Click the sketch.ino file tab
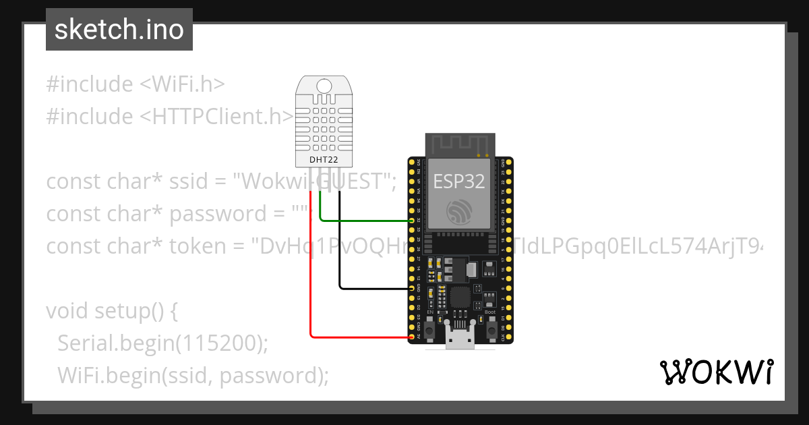(x=119, y=30)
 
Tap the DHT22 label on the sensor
(x=324, y=160)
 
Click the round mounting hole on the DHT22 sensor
(x=324, y=86)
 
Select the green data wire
(x=364, y=220)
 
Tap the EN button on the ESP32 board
(x=430, y=328)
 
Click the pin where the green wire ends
(x=412, y=221)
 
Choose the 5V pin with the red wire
(x=412, y=335)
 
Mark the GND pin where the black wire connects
(x=412, y=288)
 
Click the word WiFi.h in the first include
(x=187, y=84)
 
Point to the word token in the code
(x=198, y=246)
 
